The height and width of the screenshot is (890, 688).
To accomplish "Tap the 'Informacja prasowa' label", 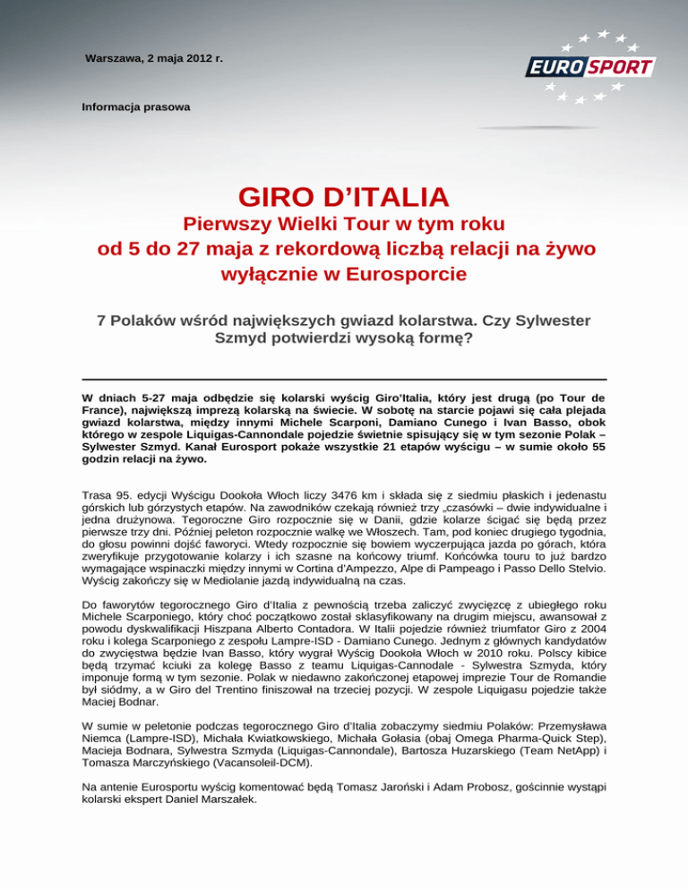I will pyautogui.click(x=135, y=107).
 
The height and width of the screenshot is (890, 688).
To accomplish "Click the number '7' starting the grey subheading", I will pyautogui.click(x=100, y=320).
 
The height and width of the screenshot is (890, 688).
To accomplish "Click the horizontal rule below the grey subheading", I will pyautogui.click(x=343, y=380).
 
